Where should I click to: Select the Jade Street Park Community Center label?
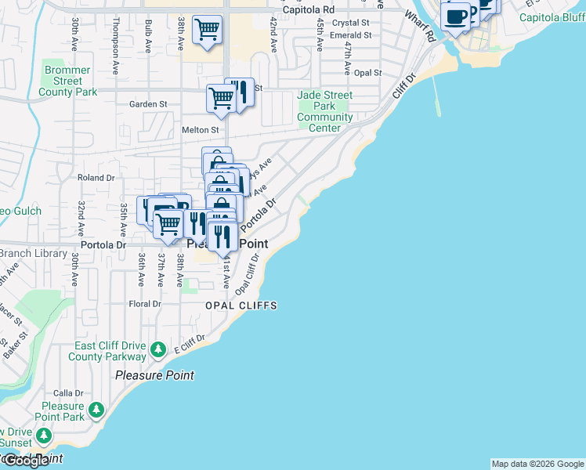(x=324, y=112)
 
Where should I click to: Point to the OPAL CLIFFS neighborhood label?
(x=241, y=305)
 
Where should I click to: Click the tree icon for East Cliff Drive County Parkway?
(x=158, y=348)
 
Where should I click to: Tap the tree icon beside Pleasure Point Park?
(x=96, y=409)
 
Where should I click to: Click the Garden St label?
(x=148, y=104)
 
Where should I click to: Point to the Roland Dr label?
(x=96, y=178)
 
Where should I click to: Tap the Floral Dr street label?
(x=145, y=304)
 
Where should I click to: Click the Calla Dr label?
(x=68, y=393)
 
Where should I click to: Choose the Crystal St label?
(x=350, y=23)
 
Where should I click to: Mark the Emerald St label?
(x=350, y=35)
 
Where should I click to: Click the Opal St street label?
(x=367, y=73)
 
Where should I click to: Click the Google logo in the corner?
(x=25, y=461)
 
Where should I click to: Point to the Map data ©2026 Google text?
(x=537, y=464)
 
